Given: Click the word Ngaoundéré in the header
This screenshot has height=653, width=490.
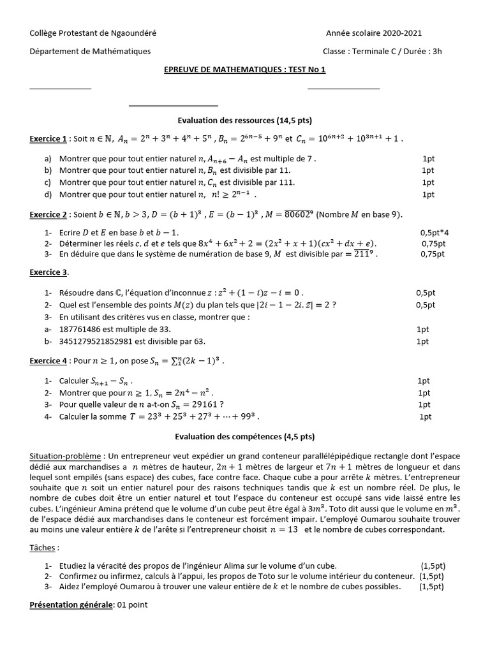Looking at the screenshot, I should pyautogui.click(x=134, y=33).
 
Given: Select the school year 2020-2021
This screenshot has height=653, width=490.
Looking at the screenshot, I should pyautogui.click(x=401, y=33).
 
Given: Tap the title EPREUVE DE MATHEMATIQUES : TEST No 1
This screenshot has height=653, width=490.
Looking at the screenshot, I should pyautogui.click(x=244, y=70).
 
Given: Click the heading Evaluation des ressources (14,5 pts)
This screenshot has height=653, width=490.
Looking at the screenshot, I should pyautogui.click(x=244, y=120).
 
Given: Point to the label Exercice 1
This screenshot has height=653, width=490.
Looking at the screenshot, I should pyautogui.click(x=48, y=139).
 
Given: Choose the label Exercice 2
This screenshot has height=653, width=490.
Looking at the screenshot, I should pyautogui.click(x=48, y=215).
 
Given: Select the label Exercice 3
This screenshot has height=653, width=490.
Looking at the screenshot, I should pyautogui.click(x=48, y=273).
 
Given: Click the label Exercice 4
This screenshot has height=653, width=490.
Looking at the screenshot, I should pyautogui.click(x=48, y=361).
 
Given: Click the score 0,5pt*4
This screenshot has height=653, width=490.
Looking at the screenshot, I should pyautogui.click(x=434, y=233).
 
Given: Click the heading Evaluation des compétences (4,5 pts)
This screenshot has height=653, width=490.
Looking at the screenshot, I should pyautogui.click(x=244, y=437).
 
